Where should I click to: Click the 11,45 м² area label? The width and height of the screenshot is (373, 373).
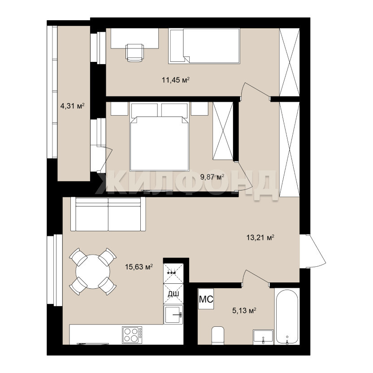coord(176,80)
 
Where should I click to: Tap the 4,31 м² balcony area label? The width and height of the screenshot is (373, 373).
coord(72,106)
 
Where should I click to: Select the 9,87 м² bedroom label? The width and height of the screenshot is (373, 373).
coord(212,177)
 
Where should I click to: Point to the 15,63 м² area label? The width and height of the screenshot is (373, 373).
coord(139,267)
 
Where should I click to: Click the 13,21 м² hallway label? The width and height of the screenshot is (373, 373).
coord(260,238)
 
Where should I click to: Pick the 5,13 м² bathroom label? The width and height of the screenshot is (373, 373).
coord(244,310)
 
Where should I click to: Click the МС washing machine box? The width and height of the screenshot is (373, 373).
coord(206,299)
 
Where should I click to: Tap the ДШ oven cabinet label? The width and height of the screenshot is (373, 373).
coord(173,294)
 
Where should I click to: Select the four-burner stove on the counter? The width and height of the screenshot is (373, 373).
coord(132,335)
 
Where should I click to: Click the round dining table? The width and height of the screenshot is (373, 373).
coord(93,271)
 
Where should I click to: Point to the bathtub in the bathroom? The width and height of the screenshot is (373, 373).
coord(287,317)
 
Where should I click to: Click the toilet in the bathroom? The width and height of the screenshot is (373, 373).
coord(218,336)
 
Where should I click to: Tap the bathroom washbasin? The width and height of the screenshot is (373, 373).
coord(263,337)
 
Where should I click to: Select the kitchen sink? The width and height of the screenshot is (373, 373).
coord(173,315)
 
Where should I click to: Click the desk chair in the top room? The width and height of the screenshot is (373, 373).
coord(134,53)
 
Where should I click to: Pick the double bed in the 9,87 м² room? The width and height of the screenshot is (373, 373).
coord(160,137)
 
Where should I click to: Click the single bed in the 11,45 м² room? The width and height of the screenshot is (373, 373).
coord(204,46)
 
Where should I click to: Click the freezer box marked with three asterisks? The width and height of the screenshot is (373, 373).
coord(173,273)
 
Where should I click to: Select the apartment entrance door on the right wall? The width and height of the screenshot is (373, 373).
coord(313,251)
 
